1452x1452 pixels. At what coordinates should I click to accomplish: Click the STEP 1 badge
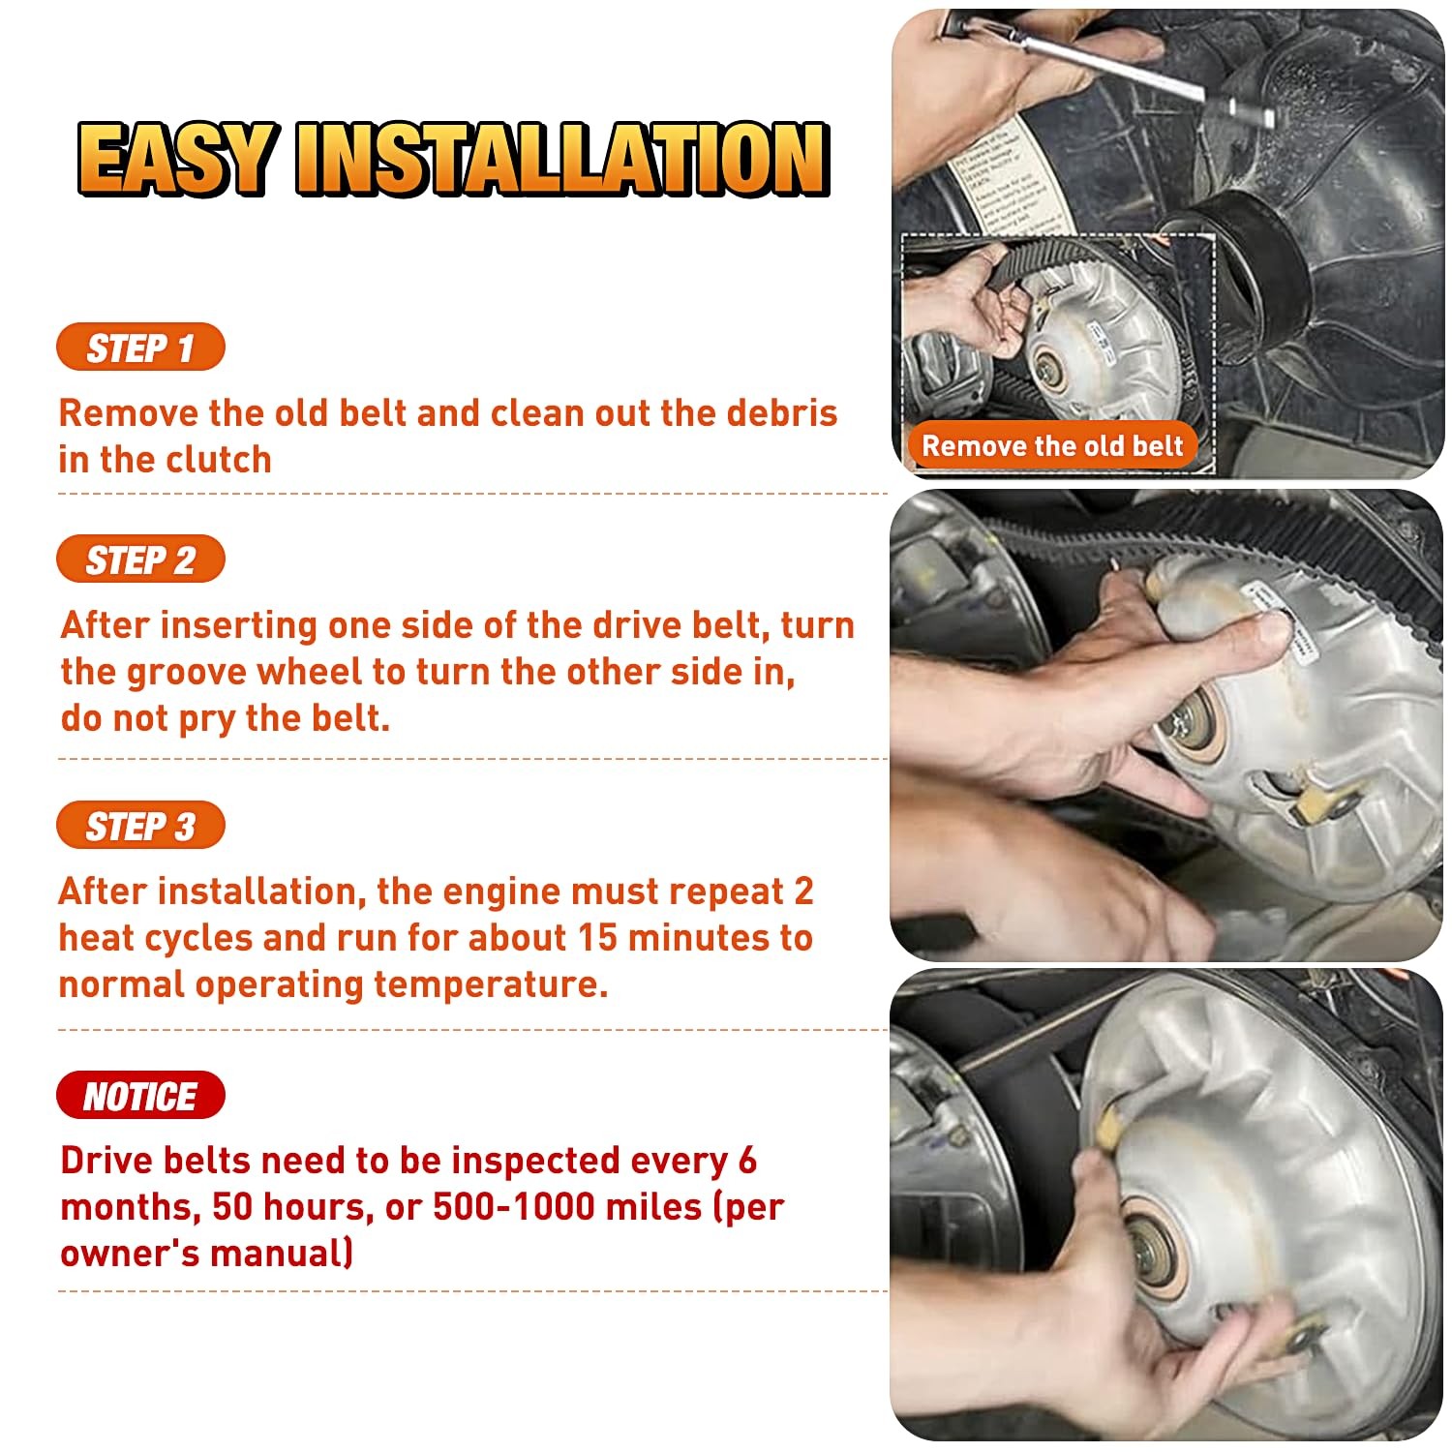coord(140,348)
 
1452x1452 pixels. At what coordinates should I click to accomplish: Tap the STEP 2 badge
coord(140,560)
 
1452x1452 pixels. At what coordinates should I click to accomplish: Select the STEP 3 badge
coord(140,826)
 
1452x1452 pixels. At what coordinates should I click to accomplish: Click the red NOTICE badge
coord(140,1096)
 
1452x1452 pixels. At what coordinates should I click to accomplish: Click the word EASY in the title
coord(176,159)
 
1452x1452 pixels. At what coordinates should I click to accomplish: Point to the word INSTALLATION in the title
coord(562,159)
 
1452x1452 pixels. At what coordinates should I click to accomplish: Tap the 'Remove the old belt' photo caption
coord(1052,446)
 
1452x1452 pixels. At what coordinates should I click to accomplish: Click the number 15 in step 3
coord(598,938)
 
